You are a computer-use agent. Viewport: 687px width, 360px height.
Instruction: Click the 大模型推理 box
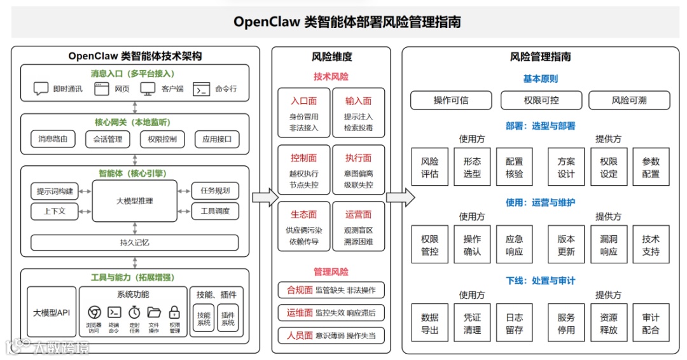(x=134, y=200)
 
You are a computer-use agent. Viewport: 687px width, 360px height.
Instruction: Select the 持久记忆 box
(x=135, y=242)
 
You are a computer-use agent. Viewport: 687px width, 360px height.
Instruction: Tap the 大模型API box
(x=52, y=312)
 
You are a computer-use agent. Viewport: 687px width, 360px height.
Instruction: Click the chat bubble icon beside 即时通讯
(x=41, y=89)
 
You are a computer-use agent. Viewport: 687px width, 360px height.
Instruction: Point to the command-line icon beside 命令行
(x=202, y=89)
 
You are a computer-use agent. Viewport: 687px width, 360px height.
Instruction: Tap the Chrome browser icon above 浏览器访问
(x=94, y=312)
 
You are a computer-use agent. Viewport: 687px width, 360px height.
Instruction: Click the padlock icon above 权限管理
(x=174, y=312)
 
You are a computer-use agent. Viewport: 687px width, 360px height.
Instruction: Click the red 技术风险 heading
(x=331, y=77)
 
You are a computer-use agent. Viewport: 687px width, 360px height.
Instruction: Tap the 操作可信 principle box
(x=451, y=100)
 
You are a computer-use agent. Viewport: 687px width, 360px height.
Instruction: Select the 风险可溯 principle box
(x=629, y=100)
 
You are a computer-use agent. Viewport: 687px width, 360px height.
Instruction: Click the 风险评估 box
(x=430, y=167)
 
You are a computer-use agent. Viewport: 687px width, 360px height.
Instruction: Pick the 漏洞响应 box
(x=609, y=245)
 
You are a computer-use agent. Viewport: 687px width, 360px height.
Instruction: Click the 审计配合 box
(x=651, y=323)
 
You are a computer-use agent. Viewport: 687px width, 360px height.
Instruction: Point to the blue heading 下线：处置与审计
(x=540, y=280)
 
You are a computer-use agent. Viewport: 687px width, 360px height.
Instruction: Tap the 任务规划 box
(x=215, y=190)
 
